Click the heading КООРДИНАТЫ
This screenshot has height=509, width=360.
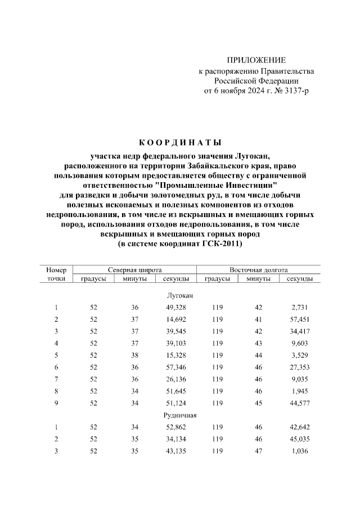point(180,142)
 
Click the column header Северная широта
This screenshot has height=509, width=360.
point(135,270)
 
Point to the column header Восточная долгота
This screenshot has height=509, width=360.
point(259,270)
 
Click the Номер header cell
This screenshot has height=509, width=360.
point(56,270)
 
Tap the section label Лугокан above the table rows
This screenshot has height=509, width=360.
point(180,295)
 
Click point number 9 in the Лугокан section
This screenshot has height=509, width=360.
point(56,402)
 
